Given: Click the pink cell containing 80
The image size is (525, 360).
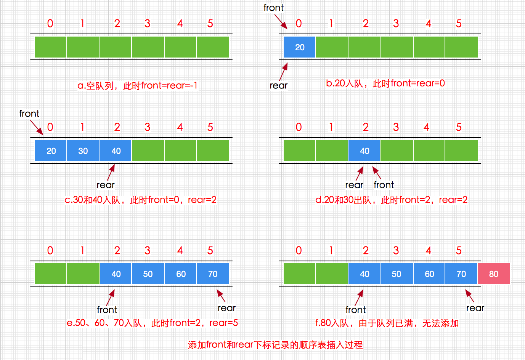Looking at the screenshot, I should (x=494, y=274).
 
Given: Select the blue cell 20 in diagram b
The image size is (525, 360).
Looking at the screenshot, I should (x=300, y=47).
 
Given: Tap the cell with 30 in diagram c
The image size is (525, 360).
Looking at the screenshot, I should (x=83, y=151).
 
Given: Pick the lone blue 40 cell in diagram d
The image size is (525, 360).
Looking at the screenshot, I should (x=364, y=151).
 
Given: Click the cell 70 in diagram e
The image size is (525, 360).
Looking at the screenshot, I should (x=213, y=274).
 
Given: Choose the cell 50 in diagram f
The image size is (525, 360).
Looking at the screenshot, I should (x=397, y=274).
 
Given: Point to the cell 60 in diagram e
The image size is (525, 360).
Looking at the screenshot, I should (x=181, y=274).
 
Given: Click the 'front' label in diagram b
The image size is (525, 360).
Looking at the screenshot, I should (x=273, y=8).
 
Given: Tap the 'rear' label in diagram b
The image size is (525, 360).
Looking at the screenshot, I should (x=278, y=86).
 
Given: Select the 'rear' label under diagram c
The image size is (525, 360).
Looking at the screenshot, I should (x=106, y=185).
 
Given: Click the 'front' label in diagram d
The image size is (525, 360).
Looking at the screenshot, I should (x=384, y=185).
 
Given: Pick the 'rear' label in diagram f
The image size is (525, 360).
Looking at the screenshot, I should (x=475, y=308).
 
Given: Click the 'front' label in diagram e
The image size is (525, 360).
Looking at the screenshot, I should (x=107, y=310).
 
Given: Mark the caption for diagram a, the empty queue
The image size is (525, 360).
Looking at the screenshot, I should (x=137, y=86).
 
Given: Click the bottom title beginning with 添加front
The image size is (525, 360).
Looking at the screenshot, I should (x=275, y=345).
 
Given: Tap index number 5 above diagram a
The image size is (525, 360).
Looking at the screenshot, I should (x=210, y=24).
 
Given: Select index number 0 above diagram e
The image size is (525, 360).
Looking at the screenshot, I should (x=50, y=251).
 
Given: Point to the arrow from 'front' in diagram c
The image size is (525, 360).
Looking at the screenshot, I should (x=37, y=127).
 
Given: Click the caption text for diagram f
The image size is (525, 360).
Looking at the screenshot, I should (x=387, y=323).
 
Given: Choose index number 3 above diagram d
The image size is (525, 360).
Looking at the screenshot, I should (x=396, y=127).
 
